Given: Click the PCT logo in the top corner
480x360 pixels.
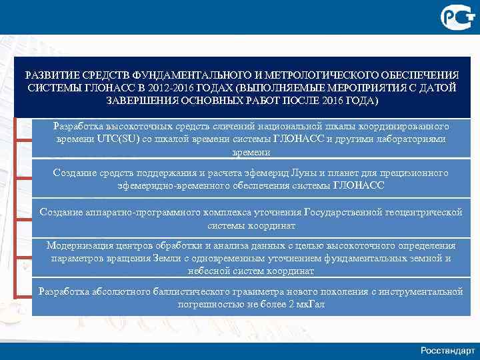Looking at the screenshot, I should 456,15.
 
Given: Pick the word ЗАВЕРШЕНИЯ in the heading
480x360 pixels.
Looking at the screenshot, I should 138,101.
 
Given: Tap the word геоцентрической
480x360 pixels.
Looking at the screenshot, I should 424,212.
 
